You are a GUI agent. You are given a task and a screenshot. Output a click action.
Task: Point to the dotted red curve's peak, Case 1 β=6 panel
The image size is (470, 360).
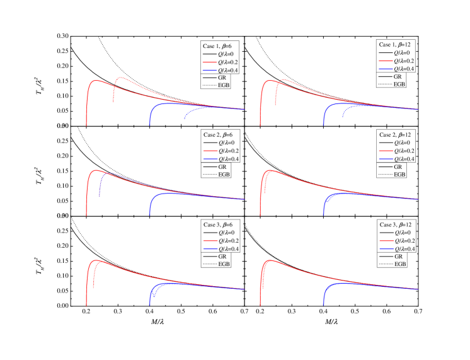[x=120, y=78]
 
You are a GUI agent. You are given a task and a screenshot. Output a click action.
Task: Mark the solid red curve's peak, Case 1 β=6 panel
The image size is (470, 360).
[x=96, y=81]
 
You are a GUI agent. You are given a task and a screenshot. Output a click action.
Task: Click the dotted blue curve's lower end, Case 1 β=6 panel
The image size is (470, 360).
[x=185, y=119]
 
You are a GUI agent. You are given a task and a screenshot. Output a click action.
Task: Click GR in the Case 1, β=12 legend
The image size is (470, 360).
[x=398, y=76]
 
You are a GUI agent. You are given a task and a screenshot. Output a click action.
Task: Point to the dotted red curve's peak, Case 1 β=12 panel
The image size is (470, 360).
[x=285, y=79]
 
